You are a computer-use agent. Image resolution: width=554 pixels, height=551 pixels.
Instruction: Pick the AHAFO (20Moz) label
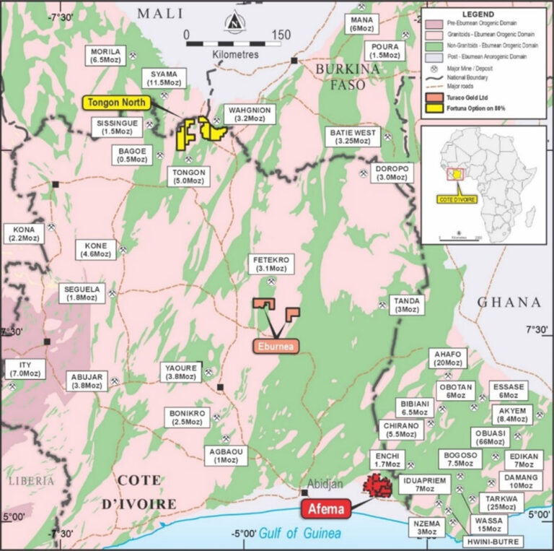pyautogui.click(x=448, y=359)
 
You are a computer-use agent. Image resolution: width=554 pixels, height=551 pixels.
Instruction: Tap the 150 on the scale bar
pyautogui.click(x=280, y=34)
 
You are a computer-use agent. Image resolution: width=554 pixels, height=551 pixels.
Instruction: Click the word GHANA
pyautogui.click(x=509, y=302)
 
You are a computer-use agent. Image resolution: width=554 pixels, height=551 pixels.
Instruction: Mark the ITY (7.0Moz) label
pyautogui.click(x=27, y=369)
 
